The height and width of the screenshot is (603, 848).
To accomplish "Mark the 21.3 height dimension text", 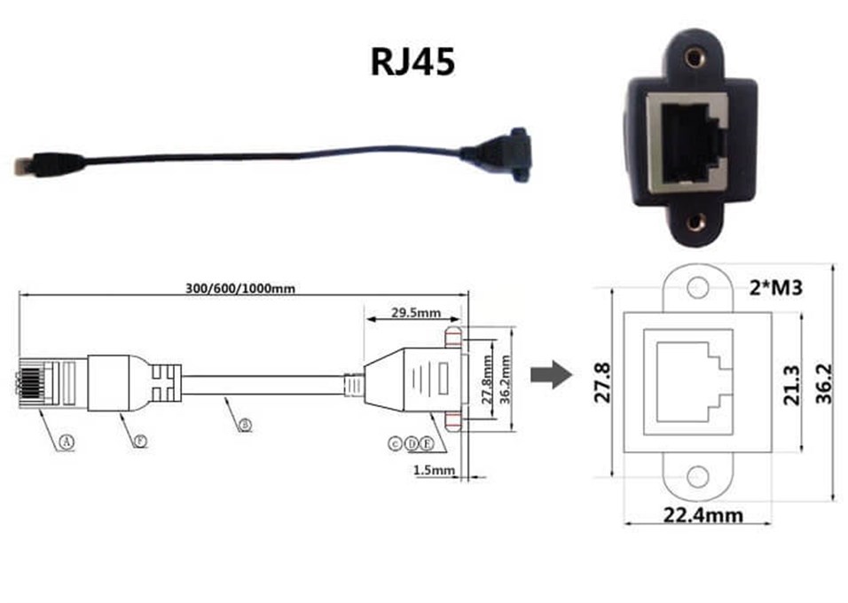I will point(791,385).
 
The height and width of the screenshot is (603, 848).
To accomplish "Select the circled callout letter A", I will point(66,440).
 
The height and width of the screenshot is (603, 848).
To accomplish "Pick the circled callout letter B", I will point(245,425).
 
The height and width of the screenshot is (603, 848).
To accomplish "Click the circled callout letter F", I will point(140,440).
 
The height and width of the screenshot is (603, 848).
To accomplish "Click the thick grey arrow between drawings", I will point(549,374).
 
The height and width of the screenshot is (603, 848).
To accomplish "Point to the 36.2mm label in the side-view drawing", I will point(504,380).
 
